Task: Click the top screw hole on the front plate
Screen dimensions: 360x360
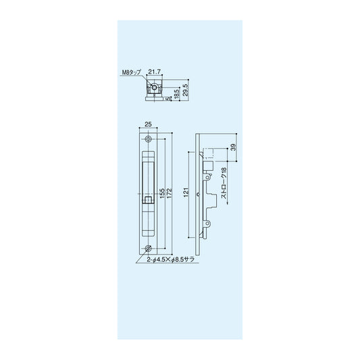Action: [149, 140]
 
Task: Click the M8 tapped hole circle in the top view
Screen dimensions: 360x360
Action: [156, 88]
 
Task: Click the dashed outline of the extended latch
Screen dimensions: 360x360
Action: [210, 154]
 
